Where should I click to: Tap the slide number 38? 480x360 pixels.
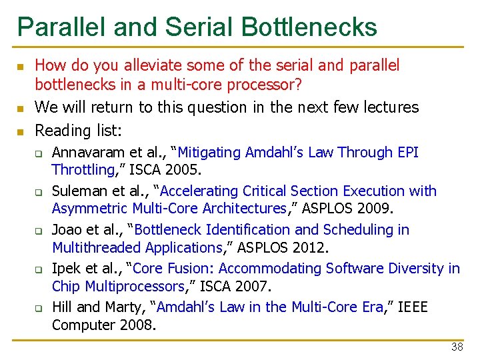coord(457,347)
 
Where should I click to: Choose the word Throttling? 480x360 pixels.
coord(83,170)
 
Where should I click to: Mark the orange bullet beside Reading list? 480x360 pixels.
coord(20,130)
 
